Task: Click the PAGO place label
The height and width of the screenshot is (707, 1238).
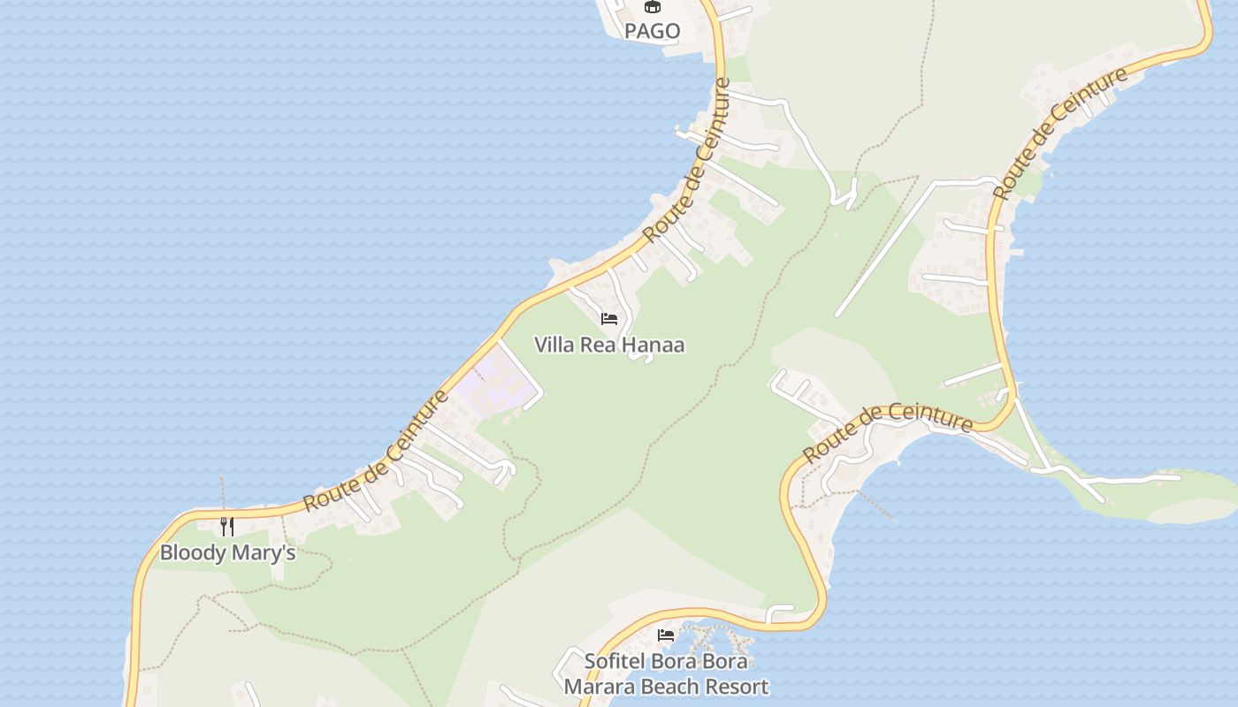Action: point(653,32)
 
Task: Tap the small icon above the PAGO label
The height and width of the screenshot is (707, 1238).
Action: point(653,7)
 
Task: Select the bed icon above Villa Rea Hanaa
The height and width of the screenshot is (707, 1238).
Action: point(608,319)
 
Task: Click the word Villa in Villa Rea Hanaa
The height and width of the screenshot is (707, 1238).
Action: point(554,345)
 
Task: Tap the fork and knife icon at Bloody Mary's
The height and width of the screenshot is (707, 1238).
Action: point(227,527)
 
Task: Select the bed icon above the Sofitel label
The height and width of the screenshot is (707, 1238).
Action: point(665,635)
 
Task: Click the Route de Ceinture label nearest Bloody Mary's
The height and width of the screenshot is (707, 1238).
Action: point(376,452)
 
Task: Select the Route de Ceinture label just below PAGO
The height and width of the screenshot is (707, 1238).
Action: point(687,162)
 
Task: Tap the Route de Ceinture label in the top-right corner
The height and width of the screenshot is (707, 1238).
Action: point(1060,133)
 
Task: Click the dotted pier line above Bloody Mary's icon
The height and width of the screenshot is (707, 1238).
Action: point(222,495)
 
